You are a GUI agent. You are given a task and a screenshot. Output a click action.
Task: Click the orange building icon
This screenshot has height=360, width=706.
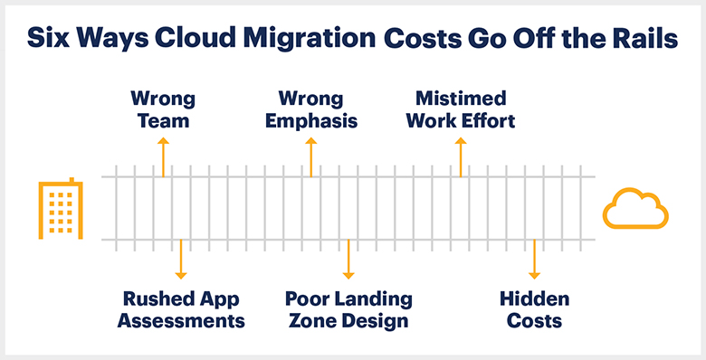[60, 209]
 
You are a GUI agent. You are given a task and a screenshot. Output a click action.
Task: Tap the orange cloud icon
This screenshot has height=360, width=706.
[634, 210]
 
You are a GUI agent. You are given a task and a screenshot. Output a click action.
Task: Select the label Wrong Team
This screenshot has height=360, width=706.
[163, 109]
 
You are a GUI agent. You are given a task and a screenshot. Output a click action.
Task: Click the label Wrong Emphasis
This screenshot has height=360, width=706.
[310, 109]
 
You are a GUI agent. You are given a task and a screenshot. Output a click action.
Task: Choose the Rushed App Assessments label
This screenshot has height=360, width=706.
[181, 309]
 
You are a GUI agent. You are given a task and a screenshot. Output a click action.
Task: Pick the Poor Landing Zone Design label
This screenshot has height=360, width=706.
[348, 309]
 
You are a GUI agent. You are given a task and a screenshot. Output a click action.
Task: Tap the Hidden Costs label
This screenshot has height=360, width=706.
[534, 309]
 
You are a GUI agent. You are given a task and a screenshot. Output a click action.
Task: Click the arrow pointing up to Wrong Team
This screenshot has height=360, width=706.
[163, 156]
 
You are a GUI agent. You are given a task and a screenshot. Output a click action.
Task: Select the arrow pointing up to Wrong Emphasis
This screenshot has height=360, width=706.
[310, 156]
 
